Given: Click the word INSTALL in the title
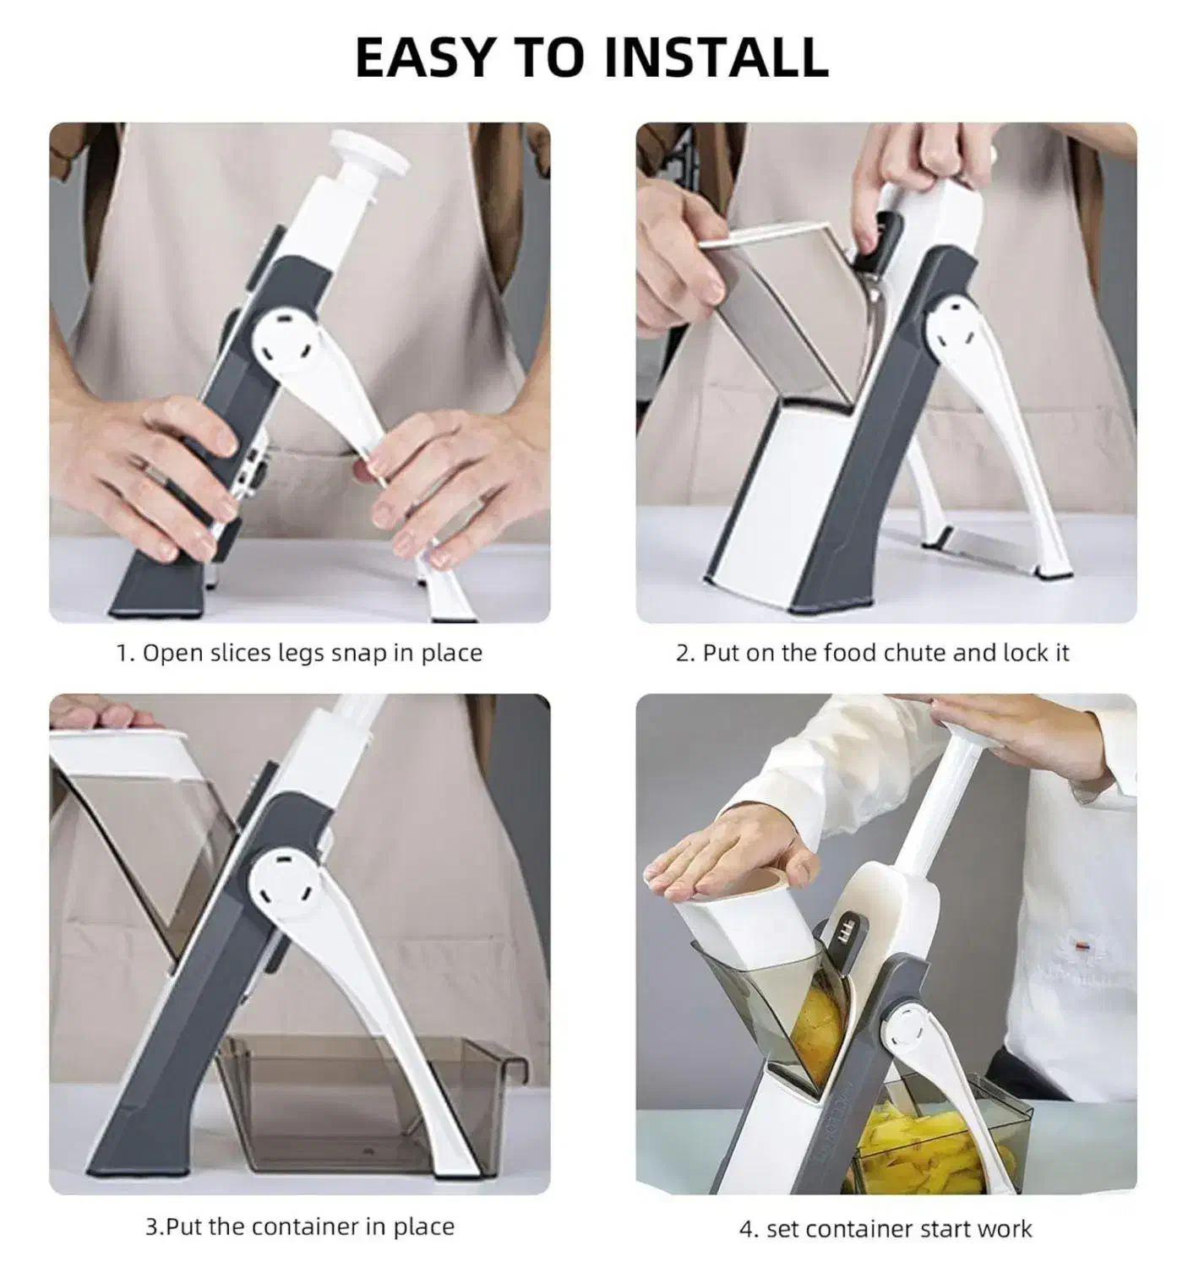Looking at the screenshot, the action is coord(715,57).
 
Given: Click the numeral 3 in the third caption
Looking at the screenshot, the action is coord(152,1226).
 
